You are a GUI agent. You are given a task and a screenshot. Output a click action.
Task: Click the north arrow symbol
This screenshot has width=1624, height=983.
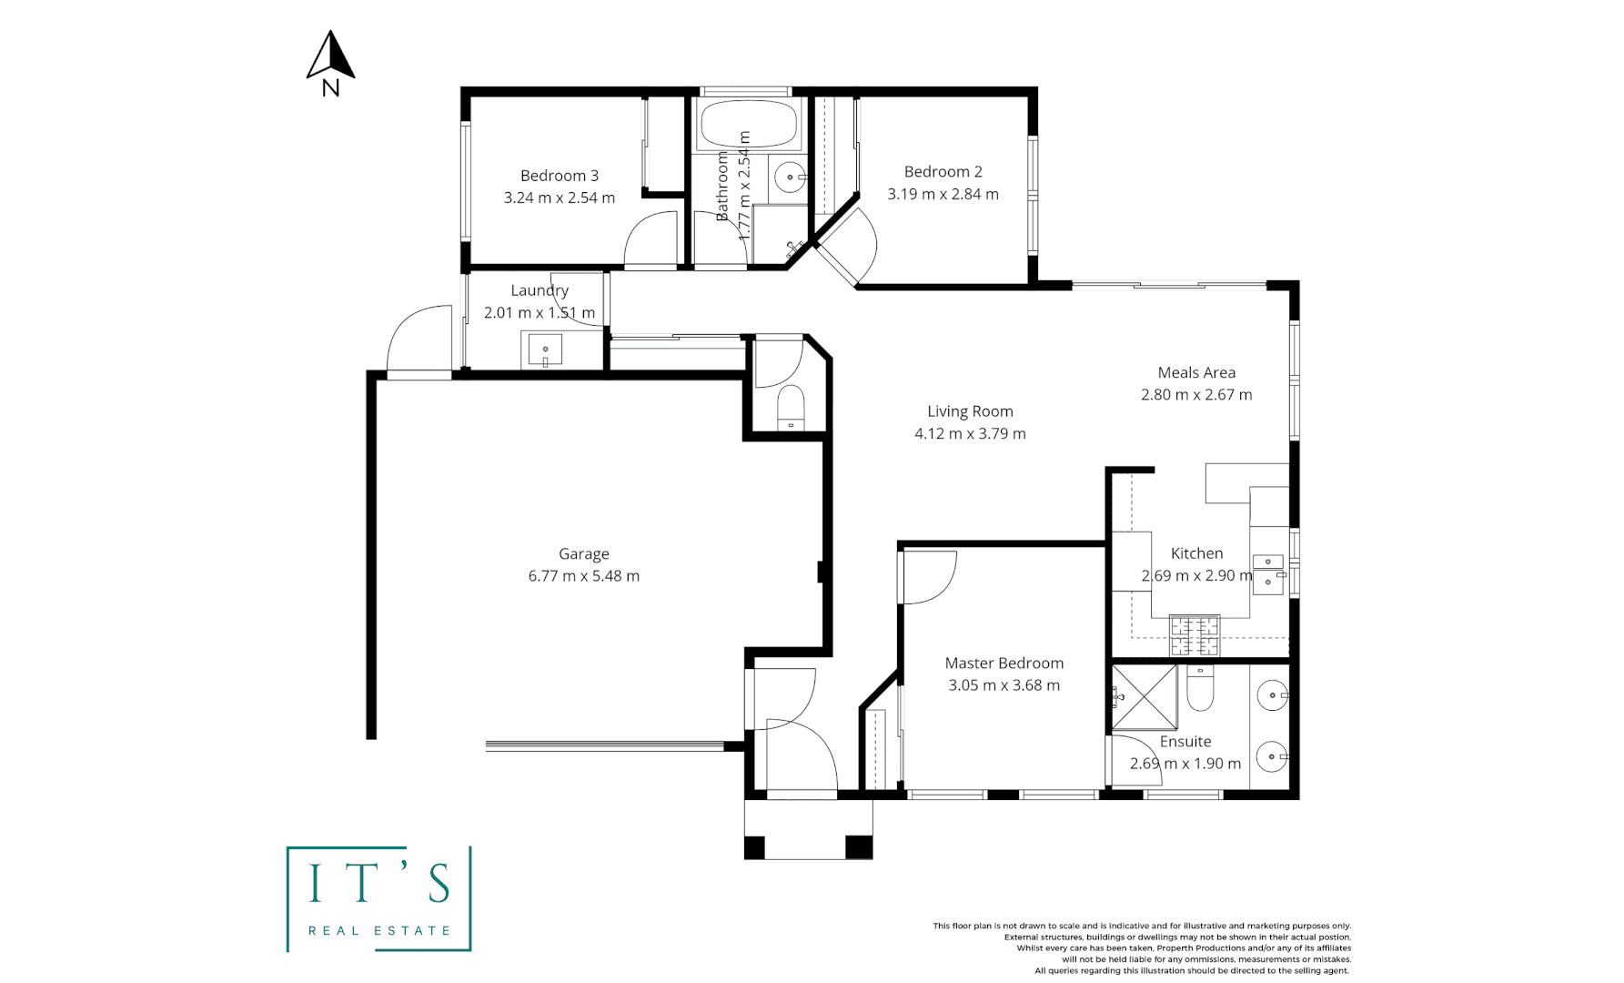[330, 56]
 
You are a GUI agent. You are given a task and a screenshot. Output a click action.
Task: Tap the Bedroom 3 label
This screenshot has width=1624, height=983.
[559, 176]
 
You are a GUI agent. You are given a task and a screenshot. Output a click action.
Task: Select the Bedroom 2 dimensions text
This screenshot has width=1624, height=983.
[943, 194]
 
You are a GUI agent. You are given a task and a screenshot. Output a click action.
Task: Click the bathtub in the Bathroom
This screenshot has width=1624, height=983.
[749, 125]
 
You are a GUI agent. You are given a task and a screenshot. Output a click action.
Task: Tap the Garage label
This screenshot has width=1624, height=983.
[583, 553]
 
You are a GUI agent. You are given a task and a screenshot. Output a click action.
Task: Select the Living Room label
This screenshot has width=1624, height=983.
[970, 411]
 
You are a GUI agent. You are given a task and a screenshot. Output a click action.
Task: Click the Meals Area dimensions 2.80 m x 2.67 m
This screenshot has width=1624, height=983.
[1195, 395]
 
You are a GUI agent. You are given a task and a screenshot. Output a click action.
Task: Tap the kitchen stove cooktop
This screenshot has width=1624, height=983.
[1194, 635]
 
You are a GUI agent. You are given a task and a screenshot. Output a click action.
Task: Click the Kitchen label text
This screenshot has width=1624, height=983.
[1196, 553]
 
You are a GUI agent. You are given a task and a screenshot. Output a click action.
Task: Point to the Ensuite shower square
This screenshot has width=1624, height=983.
[1144, 697]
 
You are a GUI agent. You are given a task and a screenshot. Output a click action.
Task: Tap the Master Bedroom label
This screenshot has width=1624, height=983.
[1004, 664]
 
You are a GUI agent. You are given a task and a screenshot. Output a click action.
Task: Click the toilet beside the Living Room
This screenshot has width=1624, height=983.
[791, 408]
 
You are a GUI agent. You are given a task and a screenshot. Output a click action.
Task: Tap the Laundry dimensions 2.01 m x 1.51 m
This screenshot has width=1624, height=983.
[539, 312]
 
